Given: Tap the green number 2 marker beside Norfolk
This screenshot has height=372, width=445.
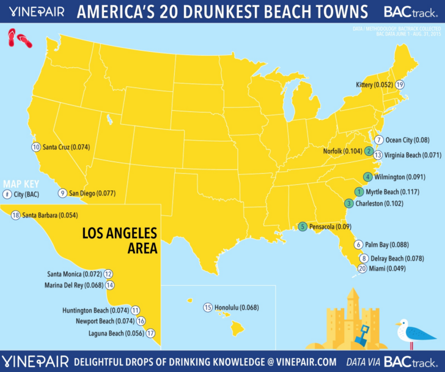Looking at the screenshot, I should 369,151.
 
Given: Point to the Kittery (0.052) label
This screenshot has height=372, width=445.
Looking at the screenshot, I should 374,84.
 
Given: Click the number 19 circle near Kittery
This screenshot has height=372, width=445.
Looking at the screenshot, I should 400,84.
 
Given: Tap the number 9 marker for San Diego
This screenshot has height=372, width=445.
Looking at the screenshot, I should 62,193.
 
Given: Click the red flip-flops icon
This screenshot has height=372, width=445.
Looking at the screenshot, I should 20,40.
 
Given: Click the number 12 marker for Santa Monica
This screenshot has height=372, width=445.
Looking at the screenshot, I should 108,273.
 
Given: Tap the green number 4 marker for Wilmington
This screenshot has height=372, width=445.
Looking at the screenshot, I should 367,177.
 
